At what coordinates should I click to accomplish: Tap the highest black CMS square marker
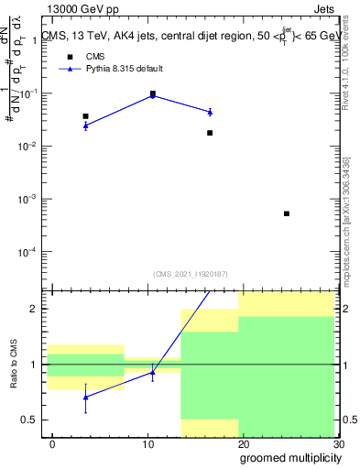[x=152, y=93]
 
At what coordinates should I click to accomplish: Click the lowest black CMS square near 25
[x=287, y=213]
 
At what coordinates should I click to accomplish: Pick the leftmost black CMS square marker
[x=85, y=116]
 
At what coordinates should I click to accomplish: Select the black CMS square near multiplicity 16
[x=210, y=133]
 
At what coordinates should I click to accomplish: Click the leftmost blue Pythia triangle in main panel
[x=85, y=125]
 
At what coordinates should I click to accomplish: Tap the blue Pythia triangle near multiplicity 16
[x=210, y=112]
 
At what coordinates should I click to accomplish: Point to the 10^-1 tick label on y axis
[x=29, y=93]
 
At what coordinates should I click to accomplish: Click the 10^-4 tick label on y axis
[x=29, y=252]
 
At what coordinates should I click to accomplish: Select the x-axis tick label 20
[x=242, y=444]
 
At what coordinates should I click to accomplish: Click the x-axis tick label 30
[x=339, y=444]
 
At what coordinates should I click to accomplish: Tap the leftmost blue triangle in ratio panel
[x=85, y=398]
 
